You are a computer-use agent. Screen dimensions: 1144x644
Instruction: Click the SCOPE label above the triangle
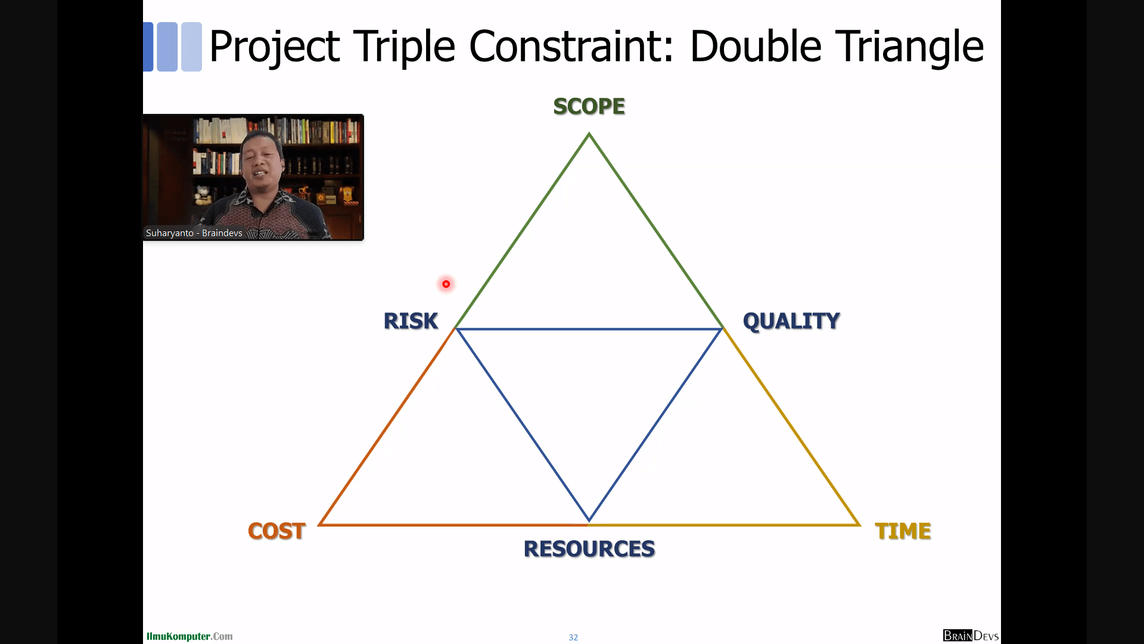(589, 107)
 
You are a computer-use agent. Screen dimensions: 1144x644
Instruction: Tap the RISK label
(411, 321)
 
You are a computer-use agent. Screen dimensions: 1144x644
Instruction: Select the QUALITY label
(791, 321)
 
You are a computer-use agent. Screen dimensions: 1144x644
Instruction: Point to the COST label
(277, 531)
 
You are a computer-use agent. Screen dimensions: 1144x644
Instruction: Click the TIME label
(903, 531)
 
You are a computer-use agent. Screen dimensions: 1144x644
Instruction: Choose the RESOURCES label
(589, 549)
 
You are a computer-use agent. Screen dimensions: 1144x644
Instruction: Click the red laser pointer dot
(446, 284)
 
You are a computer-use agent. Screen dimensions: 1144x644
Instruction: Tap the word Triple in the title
(405, 47)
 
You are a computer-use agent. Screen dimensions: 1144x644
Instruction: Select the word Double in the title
(756, 47)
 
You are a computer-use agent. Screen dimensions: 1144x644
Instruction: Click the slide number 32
(573, 637)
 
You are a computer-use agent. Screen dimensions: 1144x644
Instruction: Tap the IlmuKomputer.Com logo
(189, 636)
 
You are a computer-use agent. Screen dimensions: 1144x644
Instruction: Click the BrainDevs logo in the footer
(971, 636)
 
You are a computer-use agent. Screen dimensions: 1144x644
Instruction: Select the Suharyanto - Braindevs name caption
(194, 233)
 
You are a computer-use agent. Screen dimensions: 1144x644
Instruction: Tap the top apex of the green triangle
(589, 134)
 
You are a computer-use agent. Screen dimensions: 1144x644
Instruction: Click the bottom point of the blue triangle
(589, 521)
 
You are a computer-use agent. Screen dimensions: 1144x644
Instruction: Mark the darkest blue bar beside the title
(148, 47)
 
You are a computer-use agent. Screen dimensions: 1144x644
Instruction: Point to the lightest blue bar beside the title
(191, 47)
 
